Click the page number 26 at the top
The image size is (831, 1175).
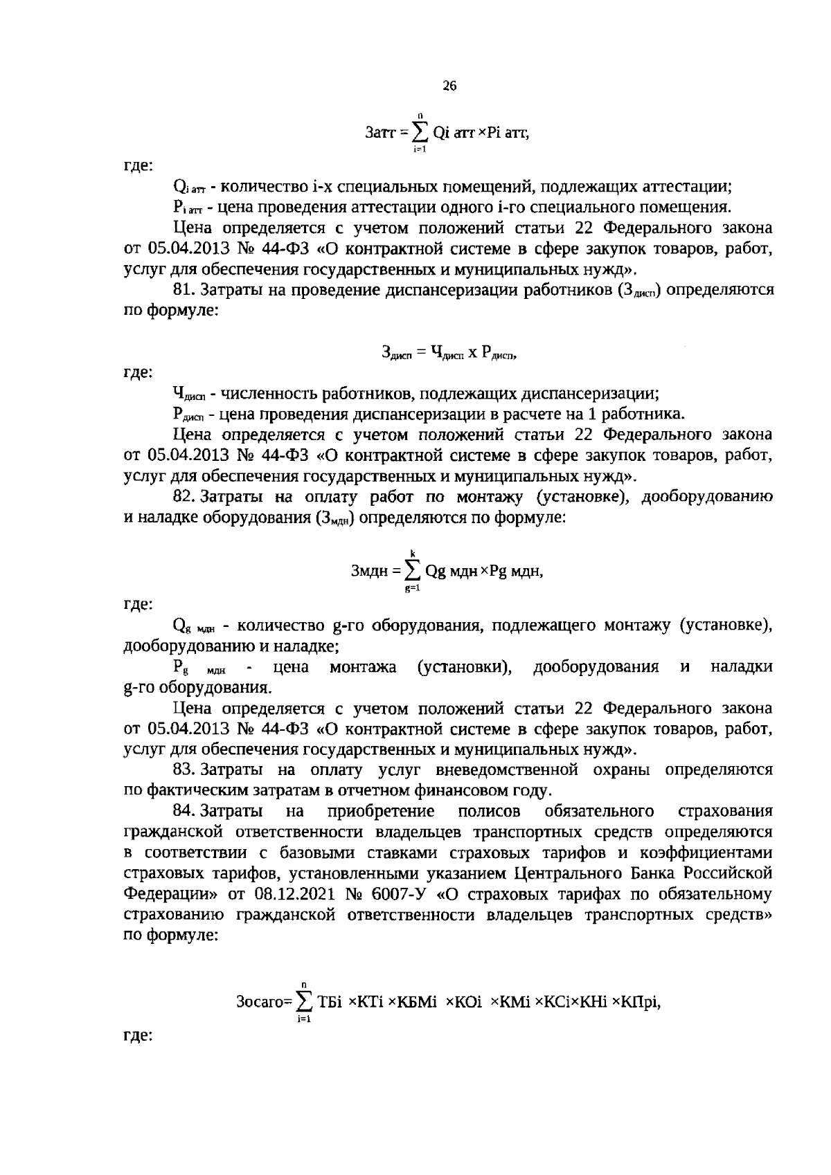pos(449,86)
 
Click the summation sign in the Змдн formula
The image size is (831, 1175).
pos(413,572)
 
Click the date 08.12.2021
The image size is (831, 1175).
pos(292,893)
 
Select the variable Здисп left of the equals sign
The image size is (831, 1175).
pos(397,353)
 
